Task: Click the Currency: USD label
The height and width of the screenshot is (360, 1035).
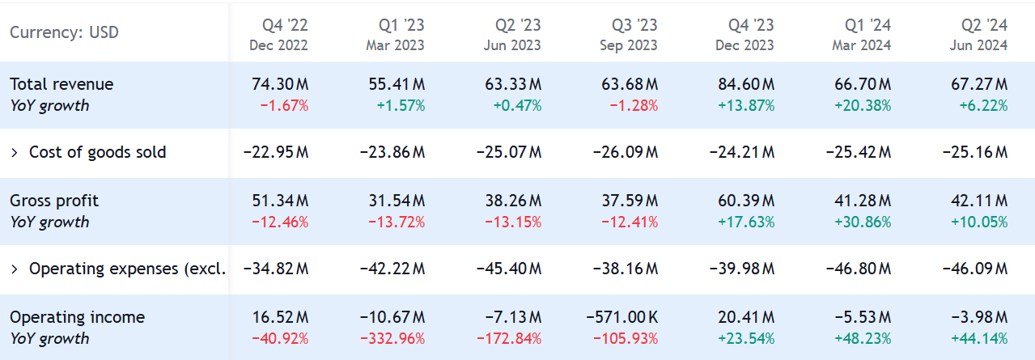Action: click(64, 32)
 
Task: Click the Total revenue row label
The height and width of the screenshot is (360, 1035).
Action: click(62, 84)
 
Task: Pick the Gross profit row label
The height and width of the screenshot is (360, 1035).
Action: click(54, 201)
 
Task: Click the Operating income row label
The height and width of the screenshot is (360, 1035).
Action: click(77, 317)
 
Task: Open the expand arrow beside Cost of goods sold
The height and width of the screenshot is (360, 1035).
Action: click(14, 152)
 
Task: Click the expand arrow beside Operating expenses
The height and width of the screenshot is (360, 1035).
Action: click(14, 269)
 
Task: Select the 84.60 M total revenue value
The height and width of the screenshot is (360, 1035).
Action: click(745, 84)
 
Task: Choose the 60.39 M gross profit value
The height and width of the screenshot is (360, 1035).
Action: click(745, 201)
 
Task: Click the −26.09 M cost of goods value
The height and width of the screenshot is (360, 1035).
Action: click(626, 152)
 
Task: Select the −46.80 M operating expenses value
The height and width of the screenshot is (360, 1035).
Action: click(859, 269)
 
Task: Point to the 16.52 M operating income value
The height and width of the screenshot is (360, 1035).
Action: click(279, 317)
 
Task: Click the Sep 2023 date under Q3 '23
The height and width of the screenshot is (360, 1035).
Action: click(628, 45)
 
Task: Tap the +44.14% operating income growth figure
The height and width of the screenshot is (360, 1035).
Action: click(978, 338)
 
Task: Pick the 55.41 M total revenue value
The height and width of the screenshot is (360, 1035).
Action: click(396, 84)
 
